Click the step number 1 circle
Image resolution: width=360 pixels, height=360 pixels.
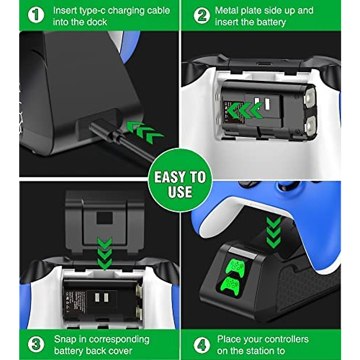pos(36,15)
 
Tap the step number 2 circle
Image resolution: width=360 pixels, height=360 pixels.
pos(202,15)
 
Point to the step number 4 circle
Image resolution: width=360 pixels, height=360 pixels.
pos(202,345)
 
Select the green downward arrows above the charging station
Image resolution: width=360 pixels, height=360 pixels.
pos(273,232)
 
